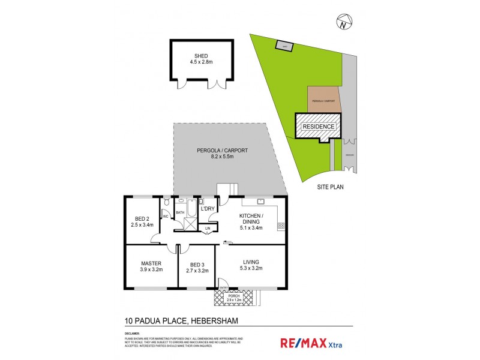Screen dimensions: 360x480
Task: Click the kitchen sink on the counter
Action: click(x=262, y=201)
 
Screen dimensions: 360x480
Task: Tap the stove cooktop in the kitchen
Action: click(x=280, y=226)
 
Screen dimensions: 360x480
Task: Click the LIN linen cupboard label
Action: click(x=208, y=228)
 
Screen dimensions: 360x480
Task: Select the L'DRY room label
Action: click(x=208, y=208)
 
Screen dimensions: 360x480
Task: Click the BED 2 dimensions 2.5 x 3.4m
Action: click(x=142, y=225)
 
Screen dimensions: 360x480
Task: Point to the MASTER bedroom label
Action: click(x=151, y=263)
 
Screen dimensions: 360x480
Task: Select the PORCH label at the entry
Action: click(x=234, y=295)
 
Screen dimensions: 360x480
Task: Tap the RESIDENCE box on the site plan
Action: click(x=318, y=127)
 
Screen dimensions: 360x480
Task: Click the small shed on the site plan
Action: click(x=283, y=46)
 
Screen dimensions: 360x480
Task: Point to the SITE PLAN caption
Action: click(x=331, y=187)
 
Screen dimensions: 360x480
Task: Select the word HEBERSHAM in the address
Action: click(x=213, y=322)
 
